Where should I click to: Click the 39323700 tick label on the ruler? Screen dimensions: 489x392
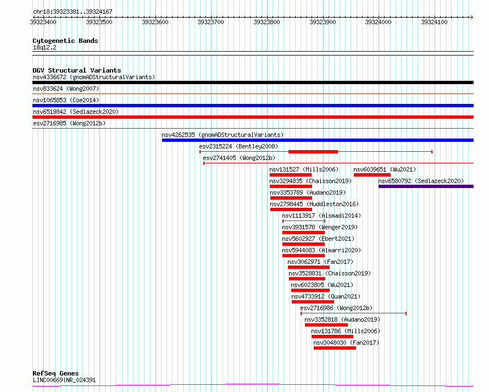tap(211, 22)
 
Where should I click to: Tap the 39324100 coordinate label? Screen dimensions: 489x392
tap(434, 22)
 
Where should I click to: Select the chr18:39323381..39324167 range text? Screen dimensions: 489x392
tap(73, 12)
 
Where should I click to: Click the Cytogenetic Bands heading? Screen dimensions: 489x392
tap(65, 41)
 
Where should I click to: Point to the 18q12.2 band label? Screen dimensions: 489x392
tap(45, 47)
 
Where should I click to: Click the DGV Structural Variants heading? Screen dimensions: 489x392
tap(77, 70)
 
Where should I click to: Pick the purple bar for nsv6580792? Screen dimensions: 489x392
tap(426, 186)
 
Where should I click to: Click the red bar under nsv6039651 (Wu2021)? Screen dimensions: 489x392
tap(372, 175)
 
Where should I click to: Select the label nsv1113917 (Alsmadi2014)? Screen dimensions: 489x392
tap(321, 216)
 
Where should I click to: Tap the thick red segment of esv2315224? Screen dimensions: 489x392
tap(313, 152)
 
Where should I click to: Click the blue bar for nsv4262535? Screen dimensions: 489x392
tap(318, 140)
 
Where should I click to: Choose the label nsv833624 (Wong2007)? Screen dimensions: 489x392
tap(66, 89)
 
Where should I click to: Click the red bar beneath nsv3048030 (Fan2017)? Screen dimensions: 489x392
tap(335, 348)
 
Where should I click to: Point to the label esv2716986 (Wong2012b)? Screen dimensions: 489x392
tap(336, 308)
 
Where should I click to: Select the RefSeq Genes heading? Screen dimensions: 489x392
tap(55, 373)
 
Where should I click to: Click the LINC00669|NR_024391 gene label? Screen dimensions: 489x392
tap(64, 380)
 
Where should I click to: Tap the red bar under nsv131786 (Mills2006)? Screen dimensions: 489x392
tap(332, 336)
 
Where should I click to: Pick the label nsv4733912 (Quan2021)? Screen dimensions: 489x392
tap(326, 296)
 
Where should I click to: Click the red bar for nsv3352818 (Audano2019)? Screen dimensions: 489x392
tap(326, 325)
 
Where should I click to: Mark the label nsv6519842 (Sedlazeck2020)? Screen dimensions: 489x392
tap(76, 112)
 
